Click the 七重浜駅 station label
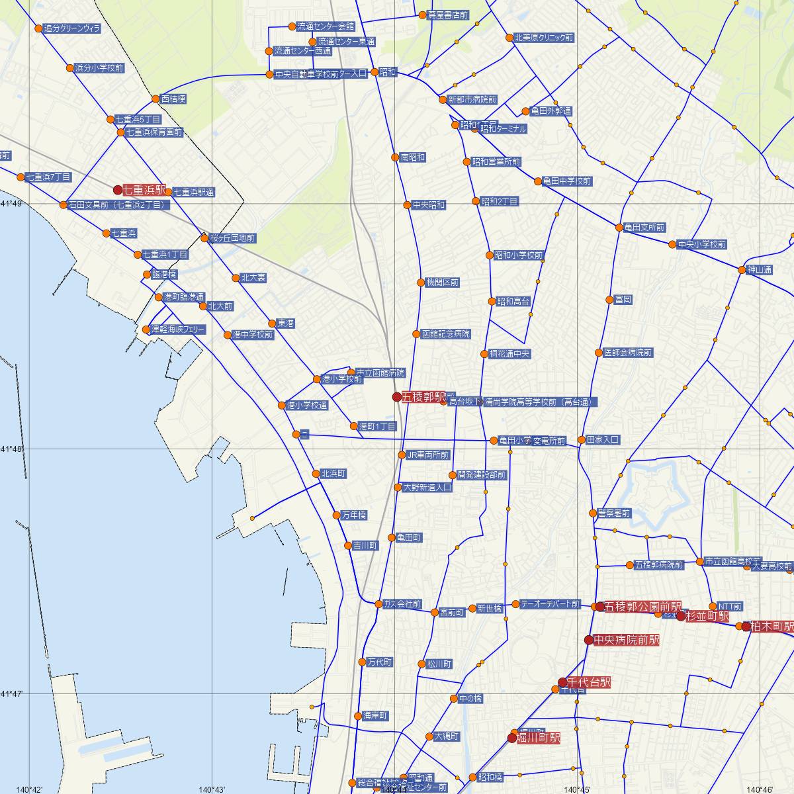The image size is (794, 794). pyautogui.click(x=144, y=190)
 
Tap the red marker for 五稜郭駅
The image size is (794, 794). pyautogui.click(x=397, y=397)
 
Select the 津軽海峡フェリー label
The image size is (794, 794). pyautogui.click(x=178, y=329)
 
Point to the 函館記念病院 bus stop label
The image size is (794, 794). pyautogui.click(x=445, y=334)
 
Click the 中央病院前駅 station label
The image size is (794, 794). pyautogui.click(x=626, y=640)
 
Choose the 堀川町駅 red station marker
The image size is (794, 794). pyautogui.click(x=512, y=738)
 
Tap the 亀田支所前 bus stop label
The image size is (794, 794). pyautogui.click(x=644, y=227)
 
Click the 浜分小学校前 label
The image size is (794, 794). pyautogui.click(x=99, y=67)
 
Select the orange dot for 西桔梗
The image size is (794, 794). pyautogui.click(x=156, y=99)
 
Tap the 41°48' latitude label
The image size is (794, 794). pyautogui.click(x=11, y=449)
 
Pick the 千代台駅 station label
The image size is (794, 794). pyautogui.click(x=588, y=682)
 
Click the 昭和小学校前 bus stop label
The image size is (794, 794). pyautogui.click(x=519, y=255)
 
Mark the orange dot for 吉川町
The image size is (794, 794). pyautogui.click(x=348, y=546)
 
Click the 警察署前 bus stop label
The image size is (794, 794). pyautogui.click(x=613, y=513)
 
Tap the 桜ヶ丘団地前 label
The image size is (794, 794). pyautogui.click(x=232, y=238)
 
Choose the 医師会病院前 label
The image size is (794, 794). pyautogui.click(x=628, y=353)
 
